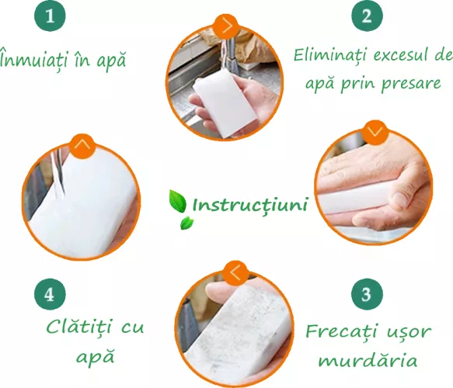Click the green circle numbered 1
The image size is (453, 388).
click(50, 15)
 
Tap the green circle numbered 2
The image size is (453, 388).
click(367, 15)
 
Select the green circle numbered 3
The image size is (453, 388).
click(367, 294)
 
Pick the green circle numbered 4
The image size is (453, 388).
click(50, 294)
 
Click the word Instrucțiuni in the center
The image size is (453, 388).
click(249, 205)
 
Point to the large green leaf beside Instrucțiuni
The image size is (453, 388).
click(177, 201)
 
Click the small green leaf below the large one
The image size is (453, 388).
click(186, 223)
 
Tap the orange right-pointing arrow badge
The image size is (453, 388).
click(227, 26)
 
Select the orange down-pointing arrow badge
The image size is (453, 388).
click(375, 132)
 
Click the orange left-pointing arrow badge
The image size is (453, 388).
click(236, 273)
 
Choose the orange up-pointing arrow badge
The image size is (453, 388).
click(82, 146)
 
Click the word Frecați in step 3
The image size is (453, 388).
click(341, 331)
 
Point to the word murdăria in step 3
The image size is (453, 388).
click(368, 360)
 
